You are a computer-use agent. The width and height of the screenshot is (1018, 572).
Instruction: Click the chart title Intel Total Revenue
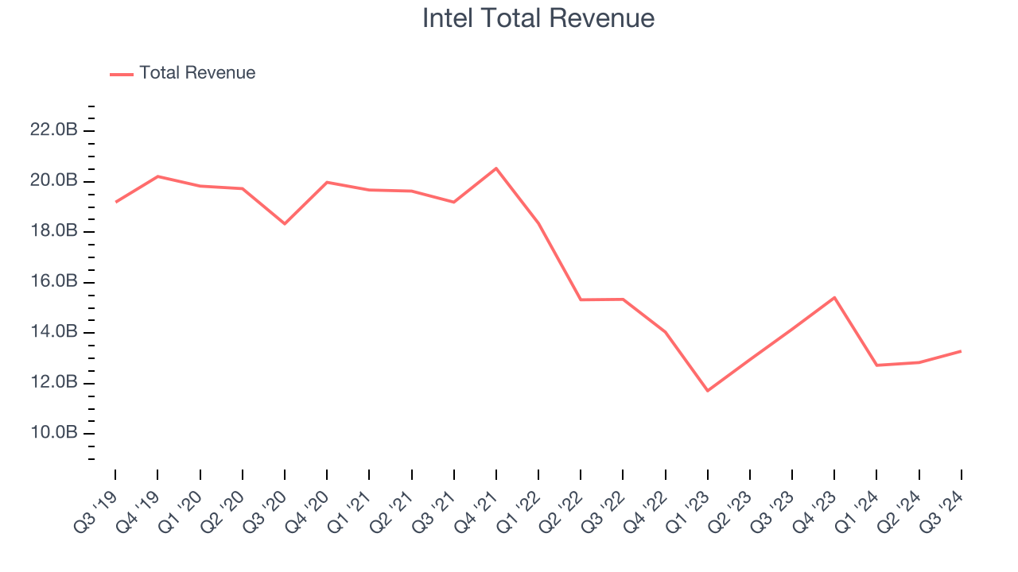coord(538,18)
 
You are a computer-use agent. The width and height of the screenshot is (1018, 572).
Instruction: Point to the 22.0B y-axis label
coord(53,130)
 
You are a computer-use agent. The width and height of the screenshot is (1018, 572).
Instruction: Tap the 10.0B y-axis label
coord(53,434)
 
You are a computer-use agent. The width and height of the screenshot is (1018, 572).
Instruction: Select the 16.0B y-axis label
coord(53,282)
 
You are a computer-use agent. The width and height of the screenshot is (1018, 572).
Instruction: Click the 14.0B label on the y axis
coord(53,332)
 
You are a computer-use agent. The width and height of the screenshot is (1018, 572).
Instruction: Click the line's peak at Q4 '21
coord(496,168)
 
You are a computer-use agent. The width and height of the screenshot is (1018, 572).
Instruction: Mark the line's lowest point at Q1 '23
coord(707,391)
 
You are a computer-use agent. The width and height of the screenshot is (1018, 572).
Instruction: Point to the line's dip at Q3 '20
coord(285,223)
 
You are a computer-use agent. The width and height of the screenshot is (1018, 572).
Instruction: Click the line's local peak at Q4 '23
coord(834,297)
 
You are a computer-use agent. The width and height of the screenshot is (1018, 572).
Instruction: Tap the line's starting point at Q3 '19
coord(116,202)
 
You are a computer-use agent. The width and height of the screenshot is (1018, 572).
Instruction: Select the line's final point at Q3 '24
coord(961,351)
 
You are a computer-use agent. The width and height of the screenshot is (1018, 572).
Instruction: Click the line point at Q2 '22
coord(581,300)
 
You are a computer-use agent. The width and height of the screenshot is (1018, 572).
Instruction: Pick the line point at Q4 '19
coord(157,176)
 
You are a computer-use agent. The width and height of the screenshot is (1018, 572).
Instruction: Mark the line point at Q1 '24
coord(876,365)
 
